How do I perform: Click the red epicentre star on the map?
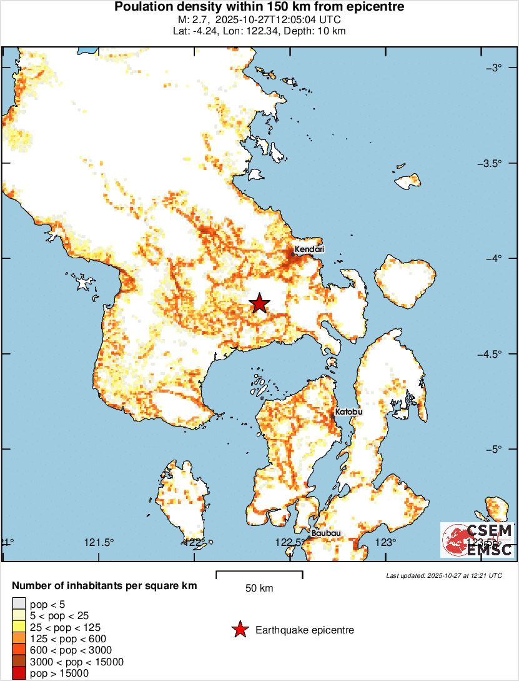pos(259,304)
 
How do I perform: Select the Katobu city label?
pos(348,412)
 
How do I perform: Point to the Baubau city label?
pos(326,533)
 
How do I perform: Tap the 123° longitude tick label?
pos(387,542)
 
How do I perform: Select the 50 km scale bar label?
pos(259,588)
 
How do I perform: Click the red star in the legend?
pos(240,630)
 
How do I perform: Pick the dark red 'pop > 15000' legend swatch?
pos(19,673)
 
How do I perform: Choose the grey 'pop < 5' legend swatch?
pos(19,604)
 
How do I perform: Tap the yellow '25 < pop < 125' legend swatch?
pos(19,627)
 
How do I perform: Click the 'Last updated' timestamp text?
pos(444,575)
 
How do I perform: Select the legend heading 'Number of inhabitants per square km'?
pos(105,586)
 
